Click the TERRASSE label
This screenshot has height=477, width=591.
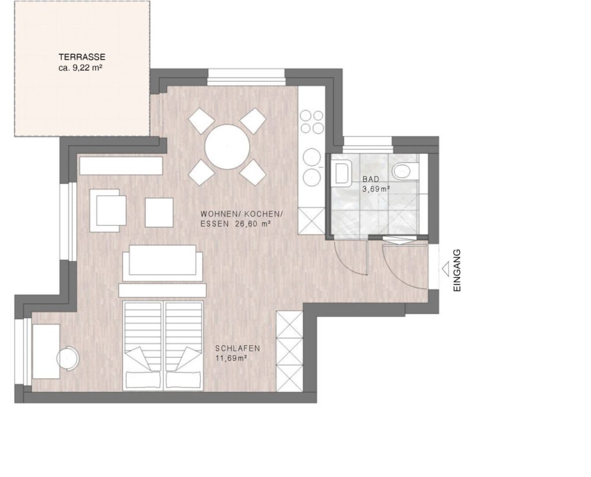[82, 57]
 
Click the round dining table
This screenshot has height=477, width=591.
[227, 147]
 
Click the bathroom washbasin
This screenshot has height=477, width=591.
[342, 173]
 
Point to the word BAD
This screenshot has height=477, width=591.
[371, 180]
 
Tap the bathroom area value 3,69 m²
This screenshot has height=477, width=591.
[376, 189]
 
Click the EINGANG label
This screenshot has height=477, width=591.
[457, 270]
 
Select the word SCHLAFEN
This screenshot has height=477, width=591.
[237, 348]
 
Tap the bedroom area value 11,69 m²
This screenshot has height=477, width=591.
[231, 358]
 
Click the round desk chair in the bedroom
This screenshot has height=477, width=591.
[68, 358]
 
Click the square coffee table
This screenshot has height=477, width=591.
[159, 213]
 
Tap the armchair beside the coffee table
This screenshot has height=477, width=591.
[108, 210]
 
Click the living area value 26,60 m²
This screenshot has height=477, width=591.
[253, 223]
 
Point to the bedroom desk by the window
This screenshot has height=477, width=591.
[46, 352]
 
